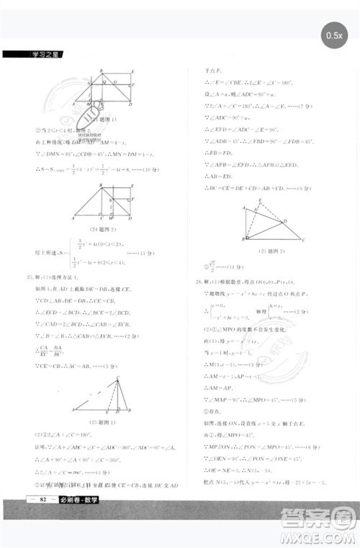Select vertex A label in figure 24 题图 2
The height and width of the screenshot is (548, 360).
tap(73, 217)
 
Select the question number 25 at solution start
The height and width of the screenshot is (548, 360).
tap(30, 276)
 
